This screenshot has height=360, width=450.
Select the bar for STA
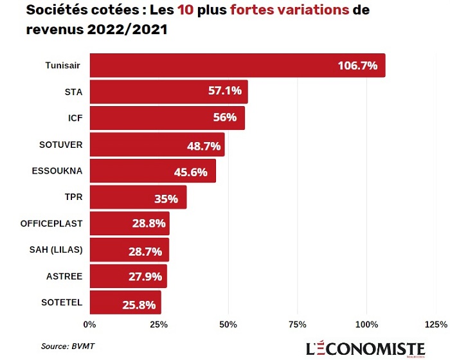coord(168,92)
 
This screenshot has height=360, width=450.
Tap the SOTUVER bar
coord(157,145)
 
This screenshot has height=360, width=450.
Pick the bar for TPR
coord(138,197)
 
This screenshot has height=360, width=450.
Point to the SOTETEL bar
coord(125,302)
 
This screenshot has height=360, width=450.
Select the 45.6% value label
coord(190,172)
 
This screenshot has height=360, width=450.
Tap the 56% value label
coord(225,118)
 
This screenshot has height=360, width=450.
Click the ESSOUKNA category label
coord(57,171)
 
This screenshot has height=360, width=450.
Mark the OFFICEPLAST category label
coord(51,224)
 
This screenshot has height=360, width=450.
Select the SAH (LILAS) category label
coord(56,249)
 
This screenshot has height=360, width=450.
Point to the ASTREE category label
coord(64,276)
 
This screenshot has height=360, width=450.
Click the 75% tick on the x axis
coord(297,323)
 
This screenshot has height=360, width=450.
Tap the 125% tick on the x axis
coord(436,323)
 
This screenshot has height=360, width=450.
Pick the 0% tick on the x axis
coord(90,323)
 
